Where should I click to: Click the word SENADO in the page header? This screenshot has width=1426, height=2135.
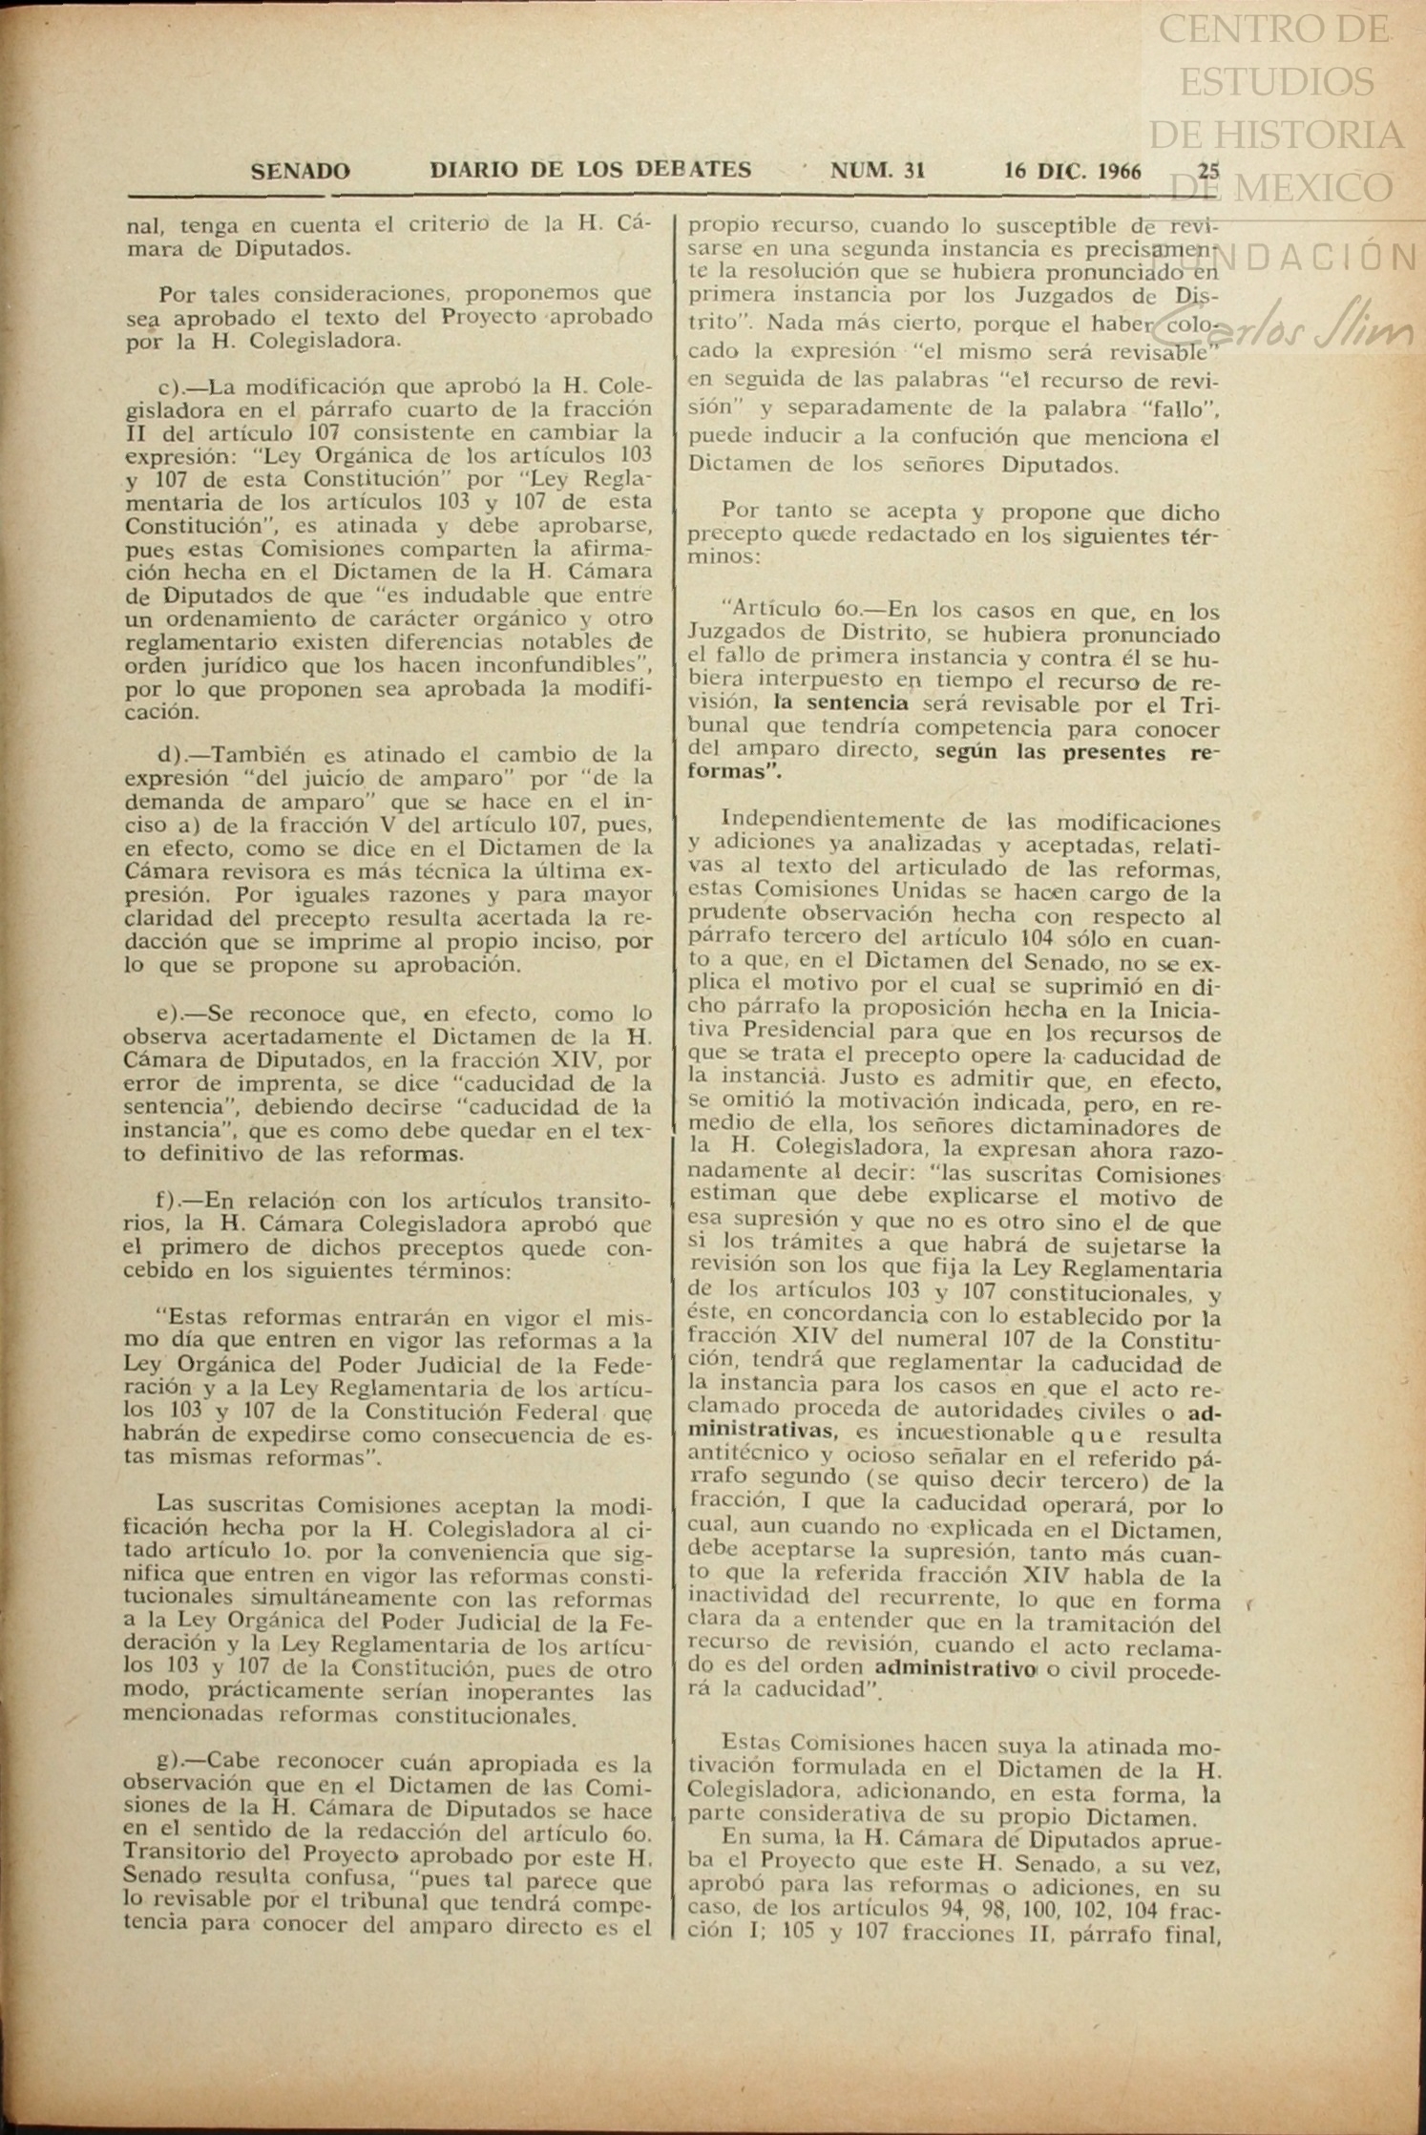pyautogui.click(x=300, y=172)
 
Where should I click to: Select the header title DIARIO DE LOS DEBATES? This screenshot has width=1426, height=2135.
pyautogui.click(x=590, y=171)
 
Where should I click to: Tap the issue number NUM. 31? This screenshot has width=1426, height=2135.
pyautogui.click(x=877, y=171)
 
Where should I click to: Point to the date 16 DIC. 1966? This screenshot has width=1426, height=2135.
pyautogui.click(x=1072, y=172)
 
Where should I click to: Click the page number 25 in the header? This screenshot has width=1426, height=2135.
pyautogui.click(x=1208, y=172)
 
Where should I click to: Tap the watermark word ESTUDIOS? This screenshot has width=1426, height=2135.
pyautogui.click(x=1277, y=83)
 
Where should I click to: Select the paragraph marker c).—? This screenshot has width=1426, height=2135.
pyautogui.click(x=182, y=387)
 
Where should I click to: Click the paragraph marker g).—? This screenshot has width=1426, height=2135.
pyautogui.click(x=182, y=1761)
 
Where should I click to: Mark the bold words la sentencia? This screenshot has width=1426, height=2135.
pyautogui.click(x=841, y=704)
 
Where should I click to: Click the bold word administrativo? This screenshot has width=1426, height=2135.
pyautogui.click(x=955, y=1669)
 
